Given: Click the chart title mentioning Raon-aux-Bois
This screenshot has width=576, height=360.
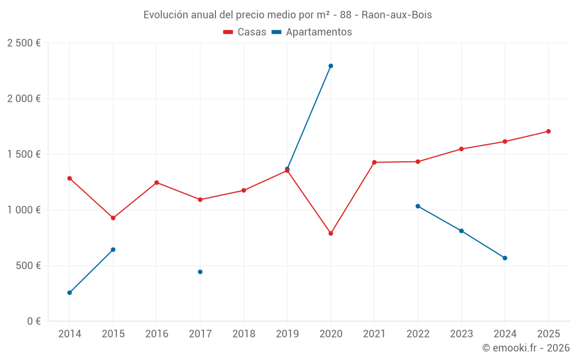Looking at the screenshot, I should click(287, 14).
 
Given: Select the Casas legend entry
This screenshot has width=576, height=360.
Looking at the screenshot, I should click(245, 32).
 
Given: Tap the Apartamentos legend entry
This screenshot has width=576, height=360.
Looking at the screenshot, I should click(312, 32).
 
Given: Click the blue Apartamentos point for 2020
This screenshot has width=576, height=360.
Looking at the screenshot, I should click(331, 66).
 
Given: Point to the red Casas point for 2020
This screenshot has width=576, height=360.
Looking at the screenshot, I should click(331, 233).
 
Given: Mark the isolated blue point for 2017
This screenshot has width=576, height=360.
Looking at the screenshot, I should click(200, 272).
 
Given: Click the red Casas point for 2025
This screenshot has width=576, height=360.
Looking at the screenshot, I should click(548, 131).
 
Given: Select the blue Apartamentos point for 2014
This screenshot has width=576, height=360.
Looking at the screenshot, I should click(70, 293).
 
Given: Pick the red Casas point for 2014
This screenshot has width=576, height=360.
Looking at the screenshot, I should click(70, 179).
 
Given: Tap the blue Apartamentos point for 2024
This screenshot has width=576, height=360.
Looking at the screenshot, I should click(505, 258).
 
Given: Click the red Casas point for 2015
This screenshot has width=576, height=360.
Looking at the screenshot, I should click(113, 218).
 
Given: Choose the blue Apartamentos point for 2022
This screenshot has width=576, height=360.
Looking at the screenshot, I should click(418, 206).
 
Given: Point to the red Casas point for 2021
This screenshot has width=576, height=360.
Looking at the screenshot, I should click(374, 162).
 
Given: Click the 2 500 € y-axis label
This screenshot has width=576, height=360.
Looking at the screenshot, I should click(24, 43).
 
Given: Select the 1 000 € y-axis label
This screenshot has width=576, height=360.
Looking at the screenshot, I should click(24, 210).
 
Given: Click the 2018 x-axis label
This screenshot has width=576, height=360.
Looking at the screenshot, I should click(244, 334).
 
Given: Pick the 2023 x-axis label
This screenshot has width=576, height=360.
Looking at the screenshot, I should click(461, 334).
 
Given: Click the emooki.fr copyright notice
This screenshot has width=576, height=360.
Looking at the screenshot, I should click(526, 348).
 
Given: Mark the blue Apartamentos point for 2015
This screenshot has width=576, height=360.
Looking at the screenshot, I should click(113, 249).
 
